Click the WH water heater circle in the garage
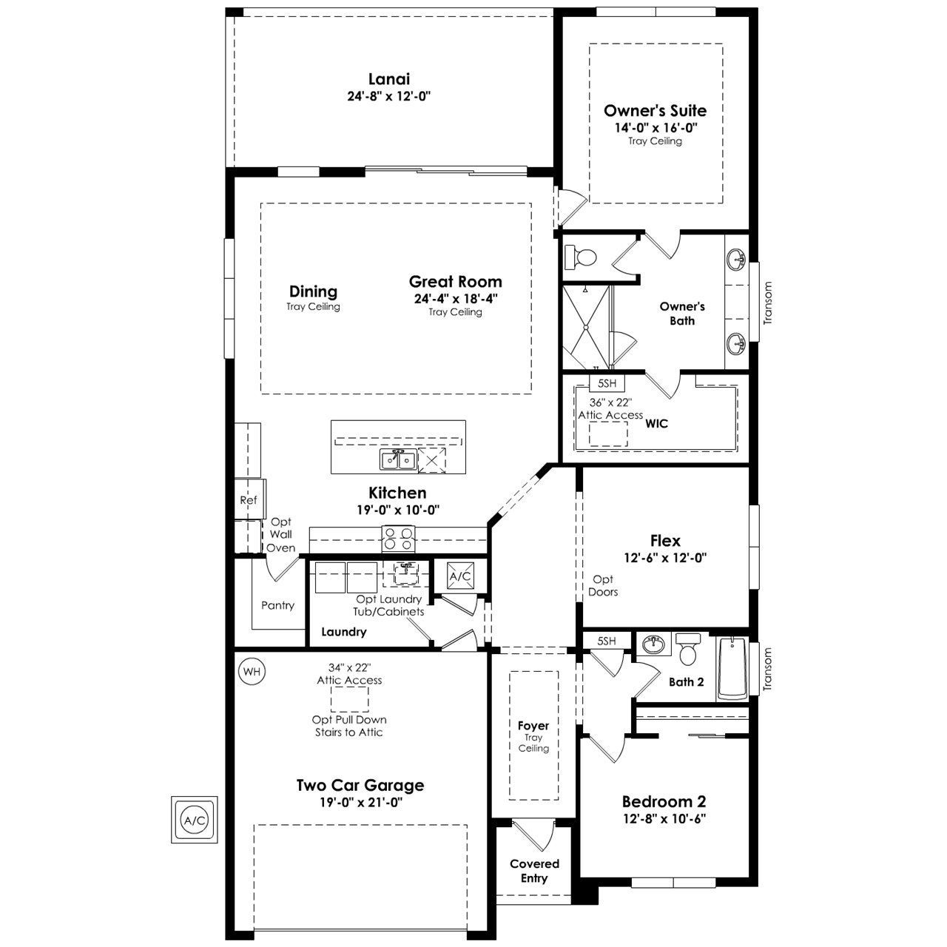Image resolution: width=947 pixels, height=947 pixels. click(252, 671)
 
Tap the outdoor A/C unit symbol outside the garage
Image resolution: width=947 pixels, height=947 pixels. click(195, 820)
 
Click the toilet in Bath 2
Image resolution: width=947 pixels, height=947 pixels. click(688, 649)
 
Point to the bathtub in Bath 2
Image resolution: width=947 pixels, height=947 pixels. click(732, 668)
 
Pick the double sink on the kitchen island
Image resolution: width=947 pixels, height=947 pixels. click(398, 460)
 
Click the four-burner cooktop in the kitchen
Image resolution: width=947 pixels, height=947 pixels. click(399, 539)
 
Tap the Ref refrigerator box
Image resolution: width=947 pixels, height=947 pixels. click(249, 499)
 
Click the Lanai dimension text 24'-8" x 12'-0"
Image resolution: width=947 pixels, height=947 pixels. click(389, 96)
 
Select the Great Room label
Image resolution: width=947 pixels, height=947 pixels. click(456, 282)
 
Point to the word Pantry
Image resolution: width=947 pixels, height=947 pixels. click(277, 605)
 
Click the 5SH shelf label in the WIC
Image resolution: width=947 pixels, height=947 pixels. click(607, 382)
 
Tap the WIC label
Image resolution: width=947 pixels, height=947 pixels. click(656, 423)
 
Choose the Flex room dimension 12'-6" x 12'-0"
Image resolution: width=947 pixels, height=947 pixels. click(665, 558)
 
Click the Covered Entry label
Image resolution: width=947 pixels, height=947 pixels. click(534, 871)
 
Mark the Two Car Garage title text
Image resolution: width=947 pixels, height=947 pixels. click(360, 785)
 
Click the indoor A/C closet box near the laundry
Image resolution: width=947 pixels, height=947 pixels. click(460, 576)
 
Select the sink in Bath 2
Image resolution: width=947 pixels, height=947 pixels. click(653, 644)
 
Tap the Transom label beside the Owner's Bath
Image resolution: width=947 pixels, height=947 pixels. click(768, 303)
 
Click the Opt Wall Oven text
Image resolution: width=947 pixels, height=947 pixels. click(281, 534)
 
